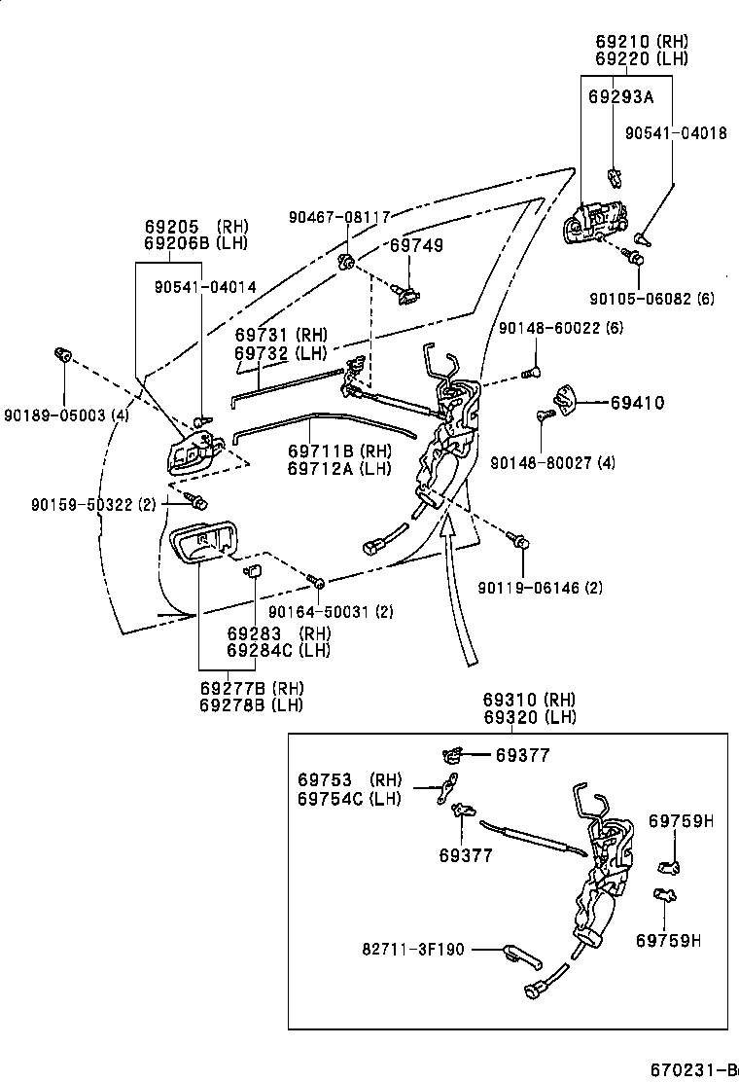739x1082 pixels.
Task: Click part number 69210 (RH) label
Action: pyautogui.click(x=641, y=42)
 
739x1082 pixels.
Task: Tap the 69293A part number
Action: pyautogui.click(x=620, y=97)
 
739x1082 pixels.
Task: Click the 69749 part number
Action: pyautogui.click(x=416, y=245)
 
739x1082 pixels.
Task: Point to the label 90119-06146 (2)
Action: pyautogui.click(x=540, y=587)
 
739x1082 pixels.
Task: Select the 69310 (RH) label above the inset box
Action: pyautogui.click(x=530, y=700)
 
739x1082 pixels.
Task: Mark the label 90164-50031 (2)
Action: pyautogui.click(x=331, y=611)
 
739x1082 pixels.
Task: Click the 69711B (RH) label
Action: pyautogui.click(x=338, y=451)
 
